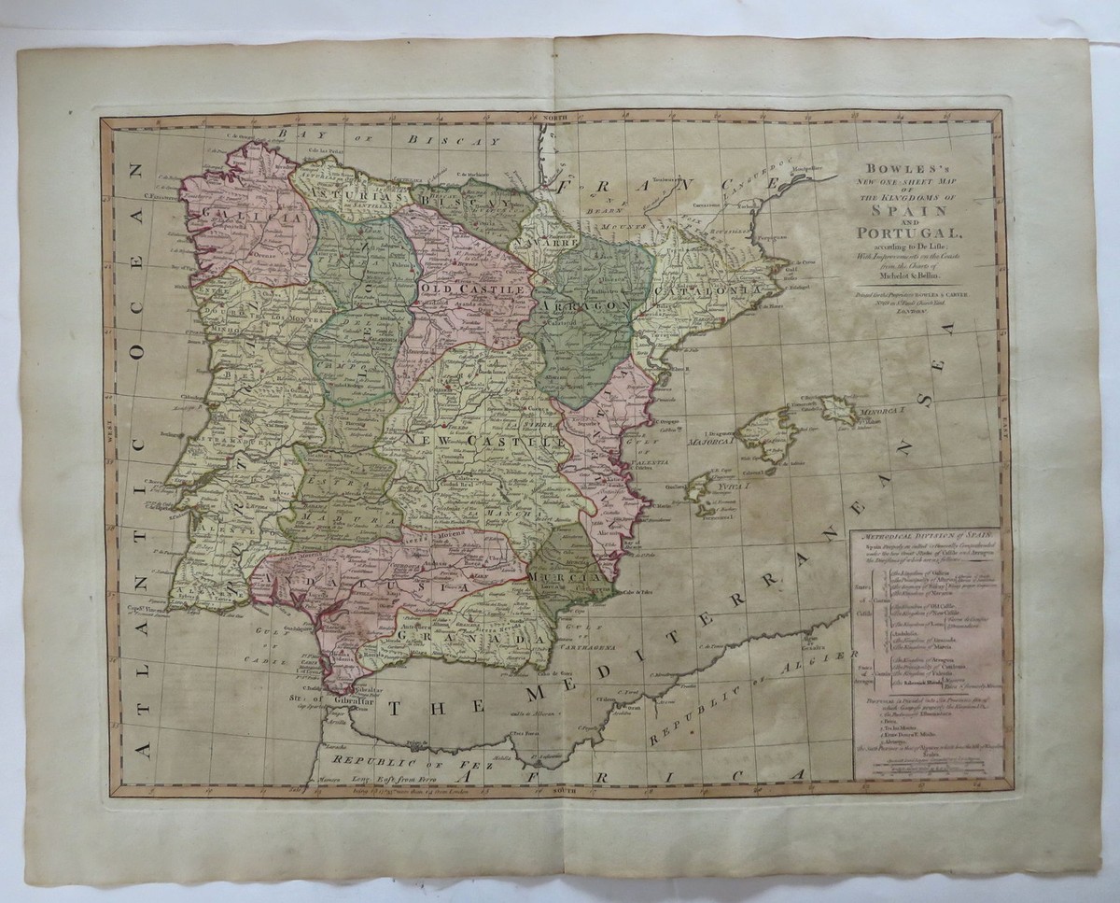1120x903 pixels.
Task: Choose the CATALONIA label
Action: pyautogui.click(x=716, y=295)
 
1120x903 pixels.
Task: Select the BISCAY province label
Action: pyautogui.click(x=455, y=198)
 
